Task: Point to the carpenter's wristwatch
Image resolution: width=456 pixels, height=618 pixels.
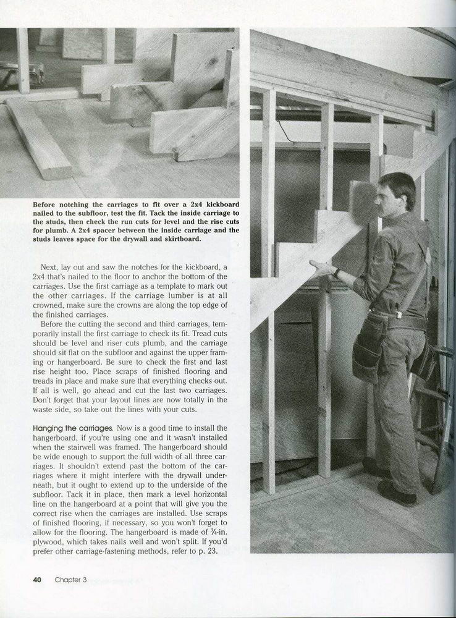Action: [337, 272]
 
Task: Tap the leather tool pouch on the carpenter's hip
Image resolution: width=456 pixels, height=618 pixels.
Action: [369, 355]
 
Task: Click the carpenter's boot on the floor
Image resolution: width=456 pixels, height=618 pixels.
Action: [395, 493]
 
